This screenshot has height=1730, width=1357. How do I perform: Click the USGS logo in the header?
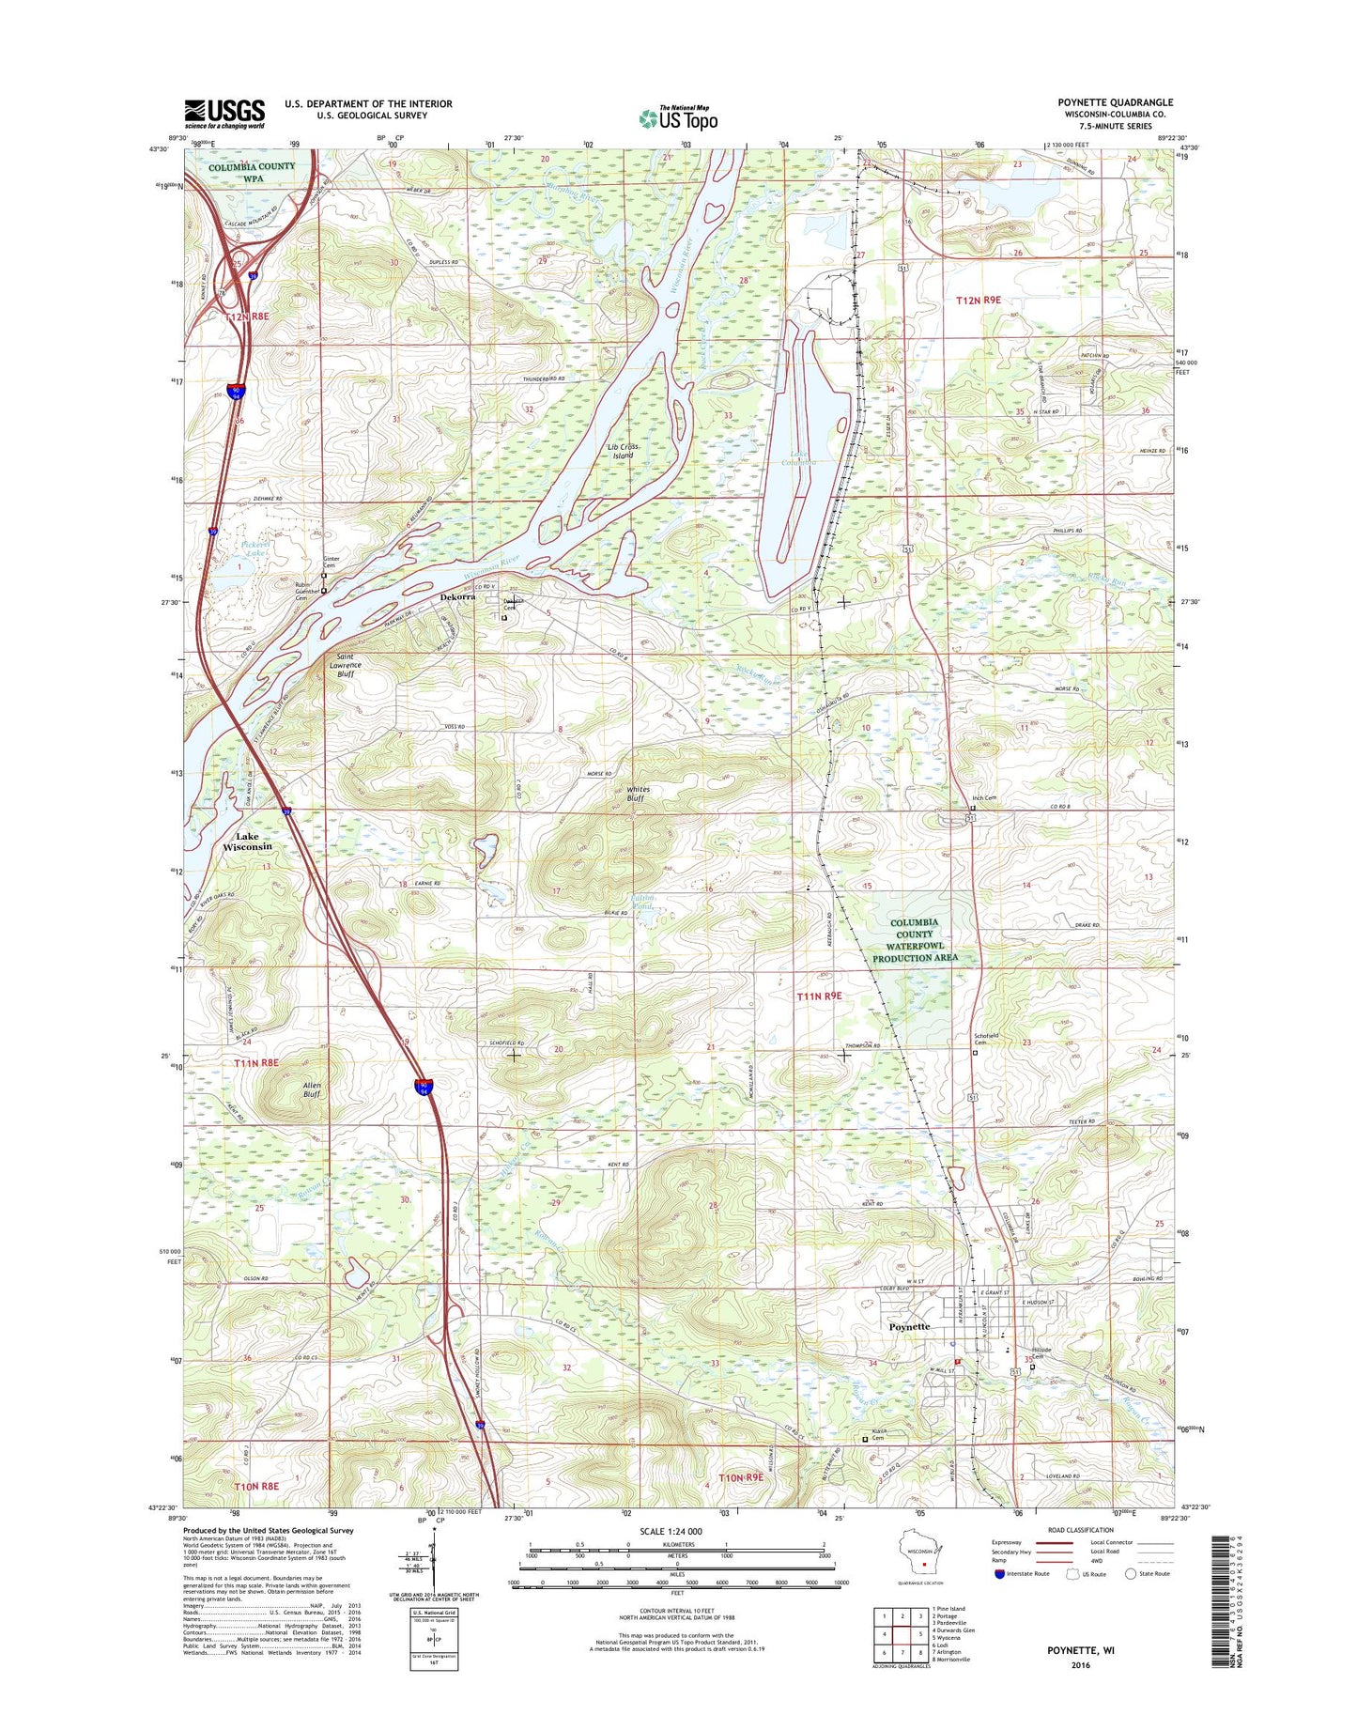[224, 113]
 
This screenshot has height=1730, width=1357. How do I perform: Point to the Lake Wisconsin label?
[247, 841]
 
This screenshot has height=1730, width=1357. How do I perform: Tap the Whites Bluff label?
[638, 795]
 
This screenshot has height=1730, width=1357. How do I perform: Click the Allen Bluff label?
[313, 1089]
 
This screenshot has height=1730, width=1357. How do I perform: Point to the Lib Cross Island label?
[623, 451]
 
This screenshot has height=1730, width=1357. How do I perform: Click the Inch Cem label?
[984, 798]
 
